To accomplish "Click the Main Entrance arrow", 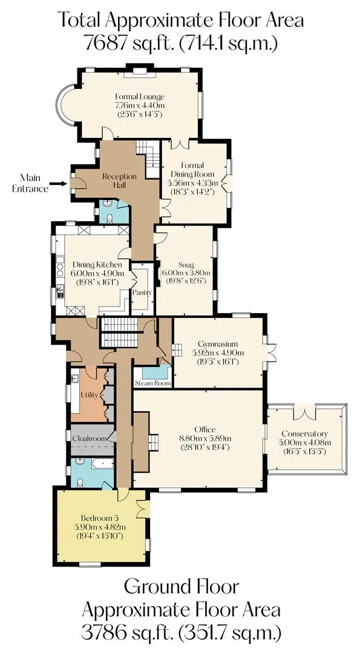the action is (57, 183).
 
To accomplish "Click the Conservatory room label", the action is (304, 434).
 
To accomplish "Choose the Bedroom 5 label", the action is (100, 519).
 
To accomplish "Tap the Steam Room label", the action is (153, 383).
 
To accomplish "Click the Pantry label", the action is (142, 293).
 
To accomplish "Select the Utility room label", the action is (89, 395).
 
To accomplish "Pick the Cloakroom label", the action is (91, 438).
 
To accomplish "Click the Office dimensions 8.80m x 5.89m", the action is (205, 438).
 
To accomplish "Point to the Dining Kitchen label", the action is (97, 264).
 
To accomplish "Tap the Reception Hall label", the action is (114, 180).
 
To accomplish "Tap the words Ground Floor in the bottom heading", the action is (182, 586).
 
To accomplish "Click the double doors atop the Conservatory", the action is (304, 412).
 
